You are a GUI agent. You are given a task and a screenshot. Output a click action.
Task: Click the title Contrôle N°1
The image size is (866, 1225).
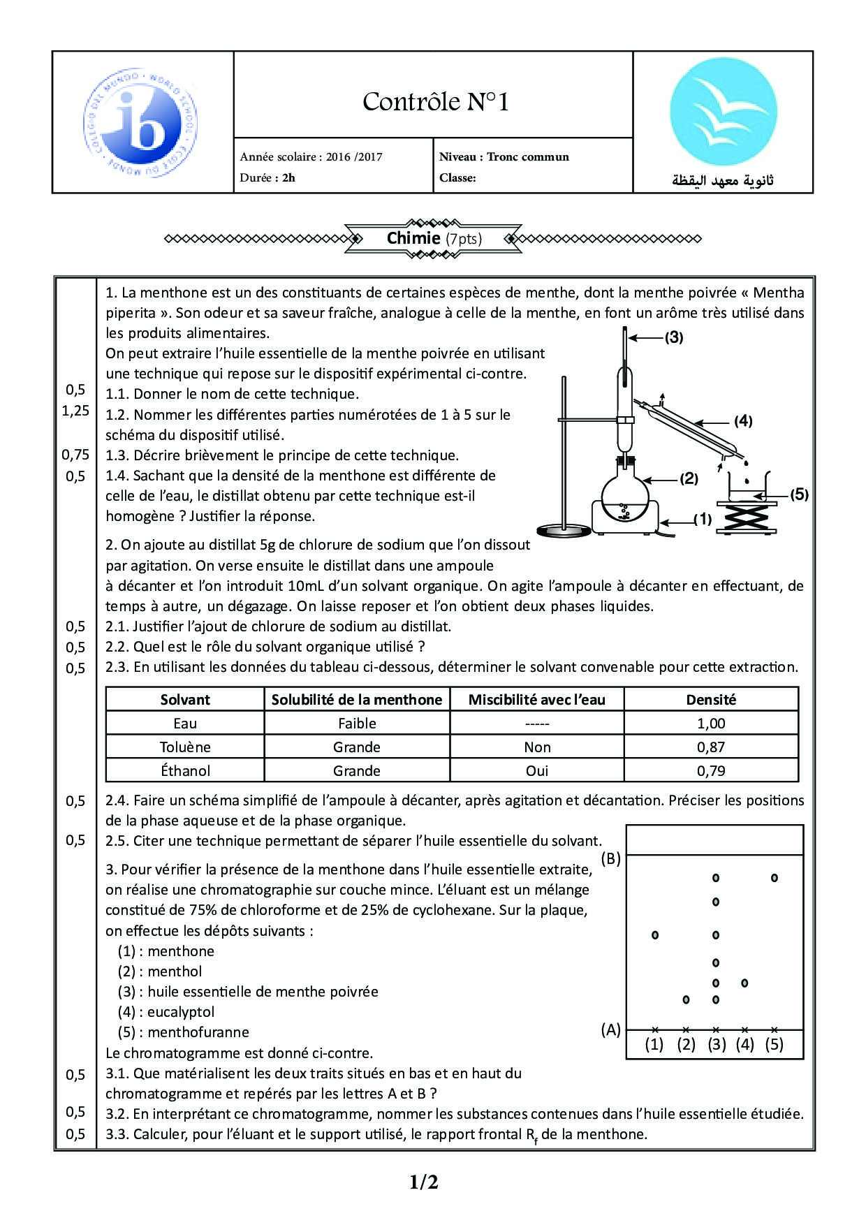(x=435, y=102)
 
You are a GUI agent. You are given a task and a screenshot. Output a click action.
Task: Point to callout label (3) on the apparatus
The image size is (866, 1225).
(x=673, y=337)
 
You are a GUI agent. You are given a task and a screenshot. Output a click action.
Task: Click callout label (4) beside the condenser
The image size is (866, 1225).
(x=742, y=420)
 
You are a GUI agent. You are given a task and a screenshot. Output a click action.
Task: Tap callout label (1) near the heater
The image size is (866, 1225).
(x=702, y=519)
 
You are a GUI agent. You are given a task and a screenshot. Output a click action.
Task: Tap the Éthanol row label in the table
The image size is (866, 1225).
(x=185, y=771)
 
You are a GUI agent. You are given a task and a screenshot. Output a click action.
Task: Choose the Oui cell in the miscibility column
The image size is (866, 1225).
(x=537, y=771)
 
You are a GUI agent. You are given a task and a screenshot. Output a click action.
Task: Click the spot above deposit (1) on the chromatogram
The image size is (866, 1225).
(x=654, y=934)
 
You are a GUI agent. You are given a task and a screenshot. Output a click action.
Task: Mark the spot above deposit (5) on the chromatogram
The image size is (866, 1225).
(x=774, y=877)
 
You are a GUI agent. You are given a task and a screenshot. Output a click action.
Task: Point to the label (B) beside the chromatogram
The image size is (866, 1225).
(x=610, y=859)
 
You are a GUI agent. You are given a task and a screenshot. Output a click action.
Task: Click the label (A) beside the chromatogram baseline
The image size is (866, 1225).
(x=610, y=1029)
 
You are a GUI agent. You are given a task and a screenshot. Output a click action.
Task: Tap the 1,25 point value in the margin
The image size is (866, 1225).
(x=75, y=411)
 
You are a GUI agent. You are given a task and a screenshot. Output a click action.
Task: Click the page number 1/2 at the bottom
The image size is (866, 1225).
(x=424, y=1182)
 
